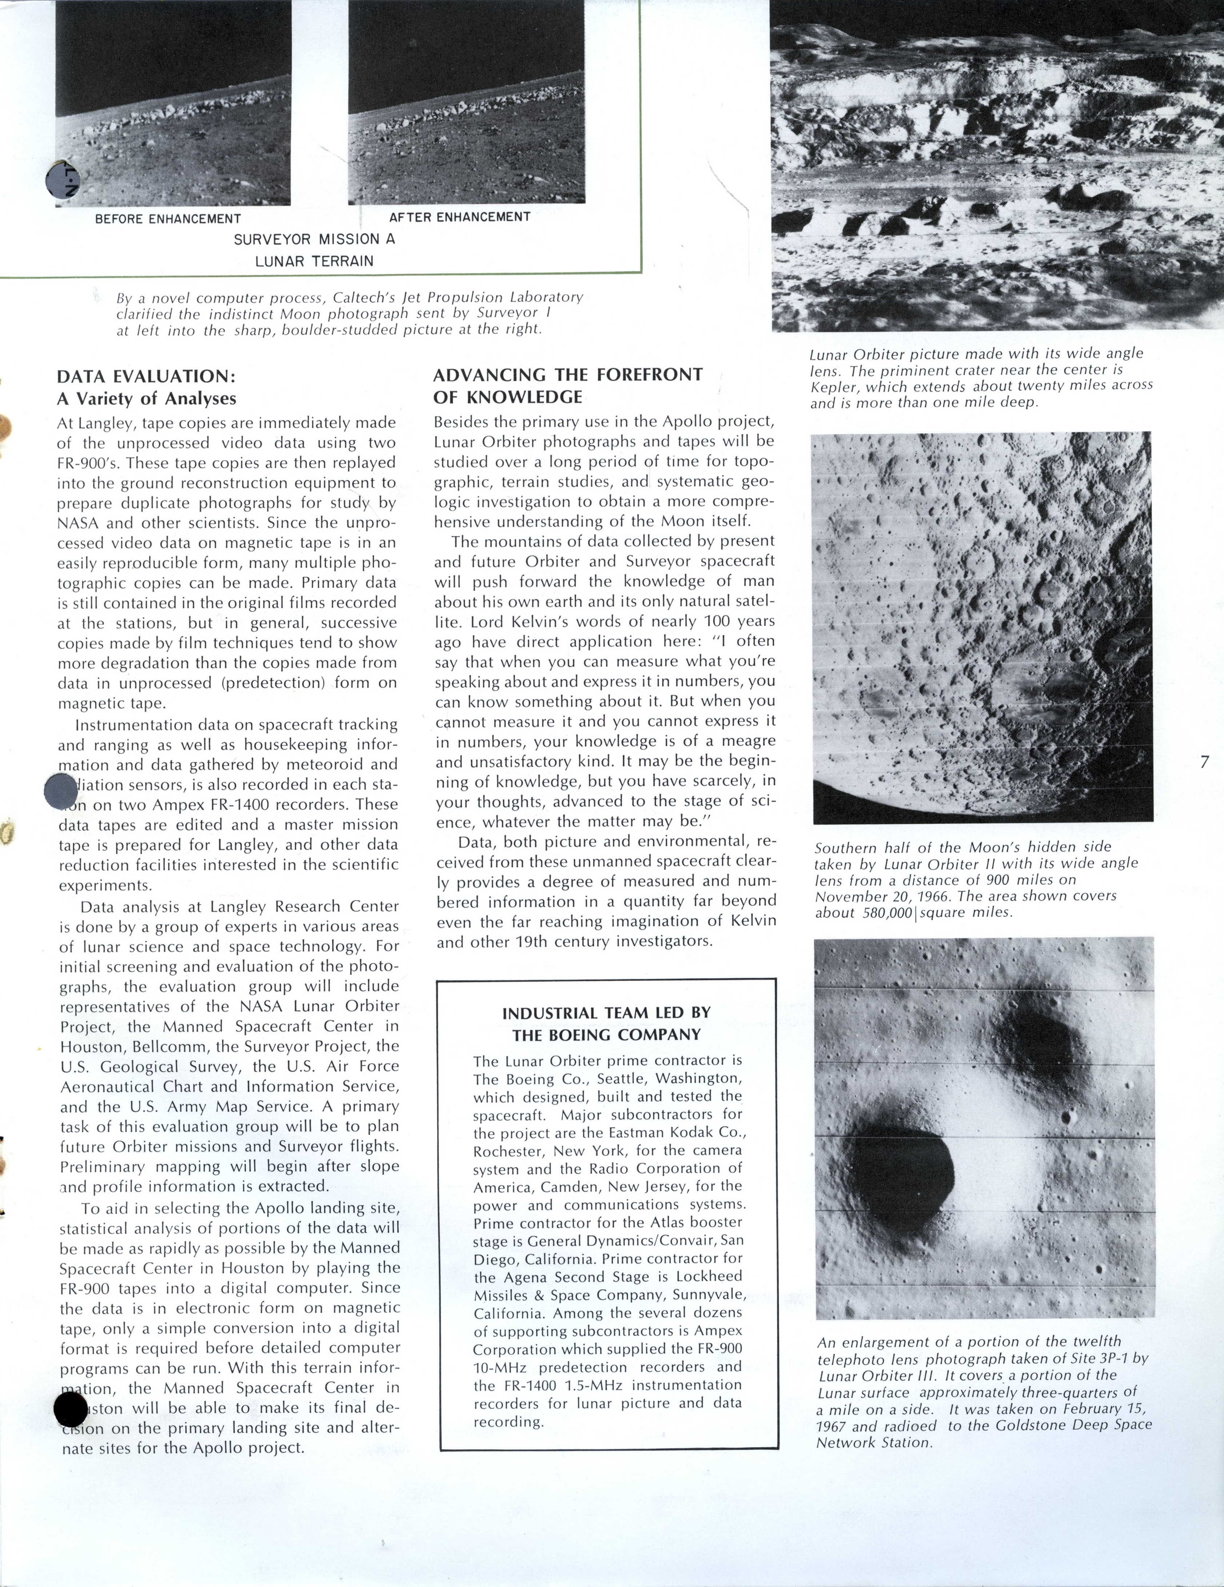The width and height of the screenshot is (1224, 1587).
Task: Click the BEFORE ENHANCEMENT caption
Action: pyautogui.click(x=168, y=219)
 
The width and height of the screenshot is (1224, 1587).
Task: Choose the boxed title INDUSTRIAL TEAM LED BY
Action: pyautogui.click(x=607, y=1013)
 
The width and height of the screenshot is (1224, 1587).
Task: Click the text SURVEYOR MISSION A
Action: pyautogui.click(x=314, y=239)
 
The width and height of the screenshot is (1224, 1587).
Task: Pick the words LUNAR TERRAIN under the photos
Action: pyautogui.click(x=314, y=261)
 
